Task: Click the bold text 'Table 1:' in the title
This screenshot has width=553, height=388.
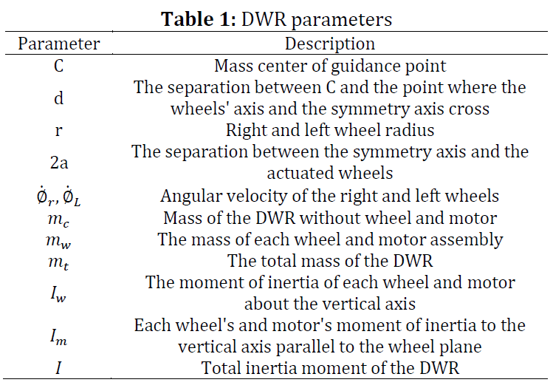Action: pos(199,18)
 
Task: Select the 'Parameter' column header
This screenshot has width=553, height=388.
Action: pos(59,44)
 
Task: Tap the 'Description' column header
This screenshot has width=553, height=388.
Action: pos(330,44)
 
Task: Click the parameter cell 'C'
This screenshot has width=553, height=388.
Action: pos(59,66)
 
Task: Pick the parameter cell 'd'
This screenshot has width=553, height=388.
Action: pos(59,98)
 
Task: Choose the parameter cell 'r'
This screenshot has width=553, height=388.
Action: pos(59,130)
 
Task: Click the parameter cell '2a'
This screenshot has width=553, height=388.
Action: pos(59,163)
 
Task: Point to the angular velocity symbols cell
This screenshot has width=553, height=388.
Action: pos(58,197)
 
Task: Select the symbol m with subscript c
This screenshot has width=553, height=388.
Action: pos(58,219)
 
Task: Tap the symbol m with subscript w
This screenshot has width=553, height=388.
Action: pos(58,241)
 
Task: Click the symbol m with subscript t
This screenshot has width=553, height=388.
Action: pos(58,262)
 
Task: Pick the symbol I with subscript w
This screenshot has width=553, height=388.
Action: pos(58,293)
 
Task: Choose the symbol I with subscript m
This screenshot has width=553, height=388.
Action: pos(58,336)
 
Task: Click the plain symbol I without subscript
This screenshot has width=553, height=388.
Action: pos(58,367)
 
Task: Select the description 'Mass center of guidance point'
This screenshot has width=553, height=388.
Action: pos(330,66)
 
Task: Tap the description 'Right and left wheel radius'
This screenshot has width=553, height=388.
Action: pos(330,130)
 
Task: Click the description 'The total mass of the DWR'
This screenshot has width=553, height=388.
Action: pos(330,261)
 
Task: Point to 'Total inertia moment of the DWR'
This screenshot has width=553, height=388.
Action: pos(330,368)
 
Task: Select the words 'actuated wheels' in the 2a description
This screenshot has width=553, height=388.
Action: pos(330,174)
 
